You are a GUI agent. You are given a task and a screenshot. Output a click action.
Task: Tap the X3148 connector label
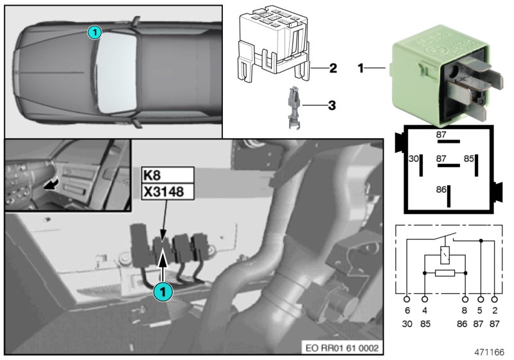point(166,192)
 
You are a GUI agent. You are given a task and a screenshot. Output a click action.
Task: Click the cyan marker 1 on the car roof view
point(94,31)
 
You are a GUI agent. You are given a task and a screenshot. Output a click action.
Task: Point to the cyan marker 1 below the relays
point(164,291)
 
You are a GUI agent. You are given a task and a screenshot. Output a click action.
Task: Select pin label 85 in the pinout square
point(469,157)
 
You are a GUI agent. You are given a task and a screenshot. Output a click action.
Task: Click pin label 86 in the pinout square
point(441,190)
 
